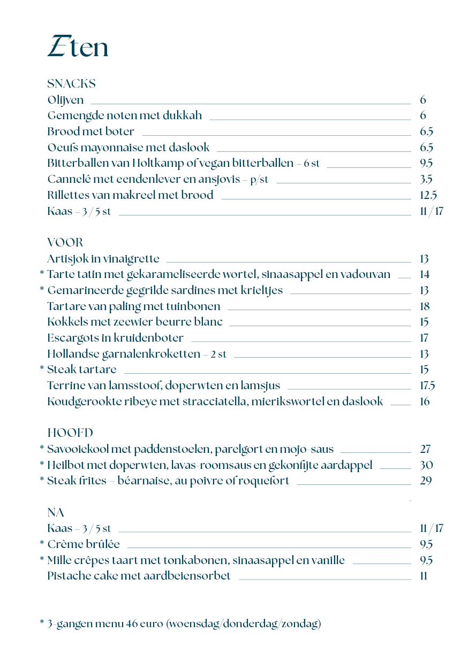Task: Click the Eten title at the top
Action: (78, 47)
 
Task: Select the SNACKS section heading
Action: (71, 84)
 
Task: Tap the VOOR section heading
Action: (65, 243)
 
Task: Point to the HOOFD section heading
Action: (70, 433)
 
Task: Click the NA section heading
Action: (56, 513)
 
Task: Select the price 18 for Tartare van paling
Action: (425, 306)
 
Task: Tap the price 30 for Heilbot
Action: (426, 465)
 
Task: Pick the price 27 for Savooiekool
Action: (426, 449)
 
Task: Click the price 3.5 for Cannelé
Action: (426, 179)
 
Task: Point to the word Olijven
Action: (65, 100)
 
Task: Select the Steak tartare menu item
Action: (81, 369)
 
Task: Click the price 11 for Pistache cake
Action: (424, 576)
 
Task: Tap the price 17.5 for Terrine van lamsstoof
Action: (427, 386)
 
